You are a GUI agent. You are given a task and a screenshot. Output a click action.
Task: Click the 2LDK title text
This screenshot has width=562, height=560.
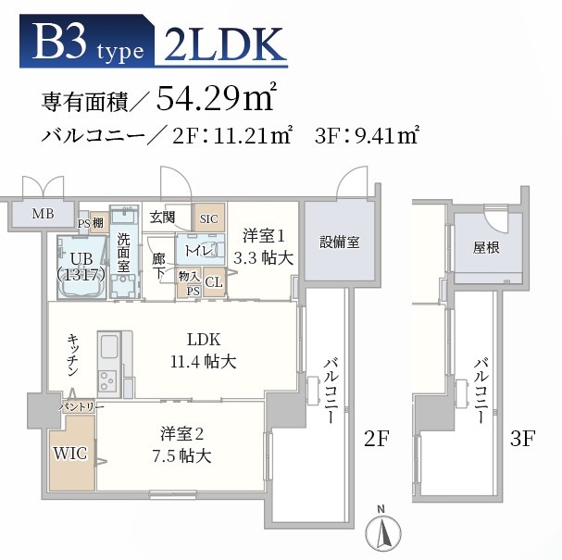(x=221, y=44)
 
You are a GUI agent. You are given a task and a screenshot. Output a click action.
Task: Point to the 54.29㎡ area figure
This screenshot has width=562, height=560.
(x=219, y=96)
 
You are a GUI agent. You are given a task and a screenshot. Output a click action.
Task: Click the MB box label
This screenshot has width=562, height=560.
(x=44, y=215)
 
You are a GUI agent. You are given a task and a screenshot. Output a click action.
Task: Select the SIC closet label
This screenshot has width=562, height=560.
(x=210, y=218)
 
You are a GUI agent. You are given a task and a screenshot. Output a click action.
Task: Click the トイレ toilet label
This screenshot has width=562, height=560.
(x=199, y=250)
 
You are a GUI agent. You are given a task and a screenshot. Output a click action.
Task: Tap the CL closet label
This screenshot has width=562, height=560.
(x=213, y=281)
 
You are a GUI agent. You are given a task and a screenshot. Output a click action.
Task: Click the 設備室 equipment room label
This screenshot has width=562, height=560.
(x=340, y=242)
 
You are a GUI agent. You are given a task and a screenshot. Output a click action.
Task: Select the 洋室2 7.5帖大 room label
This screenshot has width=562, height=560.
(x=186, y=444)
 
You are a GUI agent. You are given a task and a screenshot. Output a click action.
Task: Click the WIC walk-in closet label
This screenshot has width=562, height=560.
(x=71, y=454)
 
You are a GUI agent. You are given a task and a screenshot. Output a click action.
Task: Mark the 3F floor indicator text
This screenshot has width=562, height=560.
(x=523, y=439)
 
